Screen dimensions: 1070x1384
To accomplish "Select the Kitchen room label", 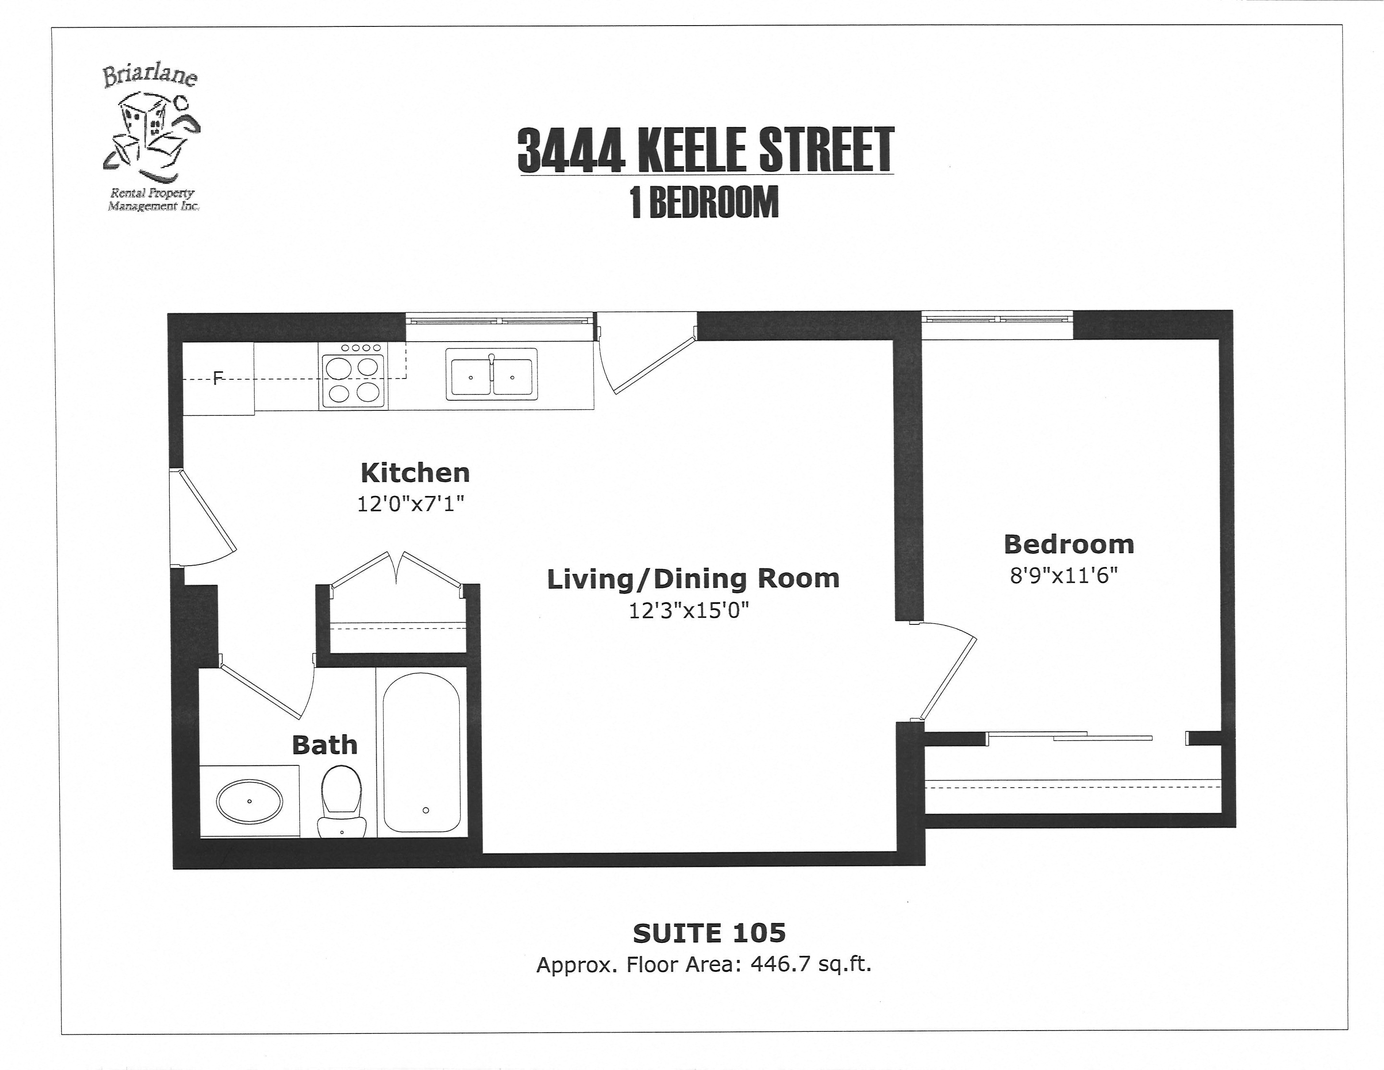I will [x=415, y=473].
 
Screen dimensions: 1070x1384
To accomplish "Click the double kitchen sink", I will [x=491, y=375].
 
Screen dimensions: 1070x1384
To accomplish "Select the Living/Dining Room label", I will [x=693, y=579].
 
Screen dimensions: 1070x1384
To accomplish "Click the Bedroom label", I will [x=1069, y=545].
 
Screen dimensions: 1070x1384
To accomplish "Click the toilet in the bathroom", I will [x=341, y=799].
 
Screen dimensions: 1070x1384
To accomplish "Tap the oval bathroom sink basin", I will [x=250, y=801].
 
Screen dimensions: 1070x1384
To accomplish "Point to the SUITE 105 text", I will [x=709, y=933].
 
